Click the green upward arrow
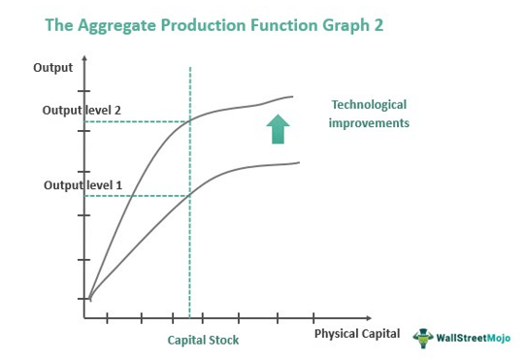[278, 129]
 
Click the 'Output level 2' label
[82, 111]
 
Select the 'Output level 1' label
[82, 184]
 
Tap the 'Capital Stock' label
[203, 341]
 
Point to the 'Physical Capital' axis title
[356, 334]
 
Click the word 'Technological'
[369, 105]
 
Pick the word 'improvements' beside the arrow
[369, 123]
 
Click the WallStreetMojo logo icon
[423, 337]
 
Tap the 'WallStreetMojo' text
[475, 338]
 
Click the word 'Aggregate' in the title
[129, 25]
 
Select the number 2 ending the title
[377, 25]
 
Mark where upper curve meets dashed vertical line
[189, 120]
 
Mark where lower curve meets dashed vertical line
[189, 194]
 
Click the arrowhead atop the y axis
[87, 58]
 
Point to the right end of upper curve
[293, 96]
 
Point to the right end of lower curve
[299, 162]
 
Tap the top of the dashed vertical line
[189, 68]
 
